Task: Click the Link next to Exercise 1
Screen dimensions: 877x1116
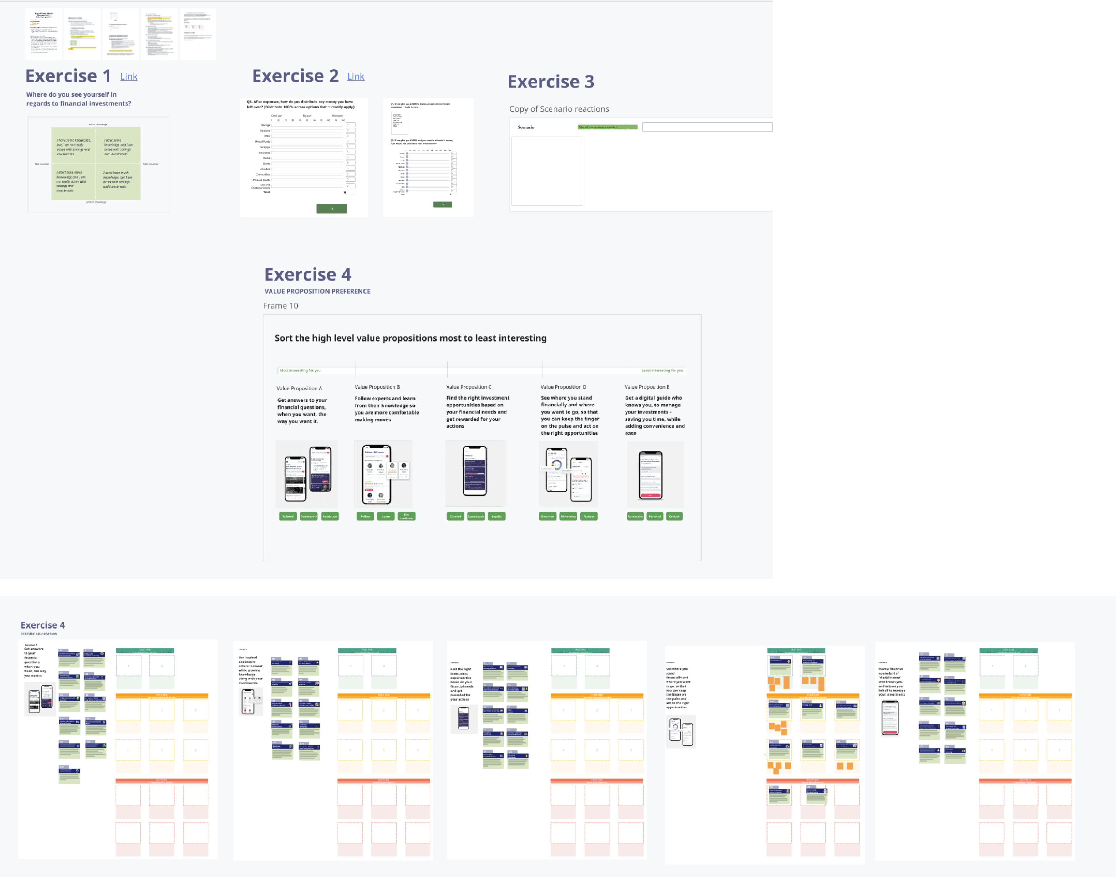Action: (128, 77)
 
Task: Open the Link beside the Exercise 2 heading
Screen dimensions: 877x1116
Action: (355, 77)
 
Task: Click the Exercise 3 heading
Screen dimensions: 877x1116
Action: (551, 82)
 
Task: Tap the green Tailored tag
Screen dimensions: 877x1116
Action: (287, 517)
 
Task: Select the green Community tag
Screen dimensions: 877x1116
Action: (309, 517)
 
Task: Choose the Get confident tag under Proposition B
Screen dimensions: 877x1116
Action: (406, 517)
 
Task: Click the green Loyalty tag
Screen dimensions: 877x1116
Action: (496, 517)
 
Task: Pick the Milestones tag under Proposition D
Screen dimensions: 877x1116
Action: (568, 517)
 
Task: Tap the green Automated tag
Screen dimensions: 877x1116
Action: (635, 517)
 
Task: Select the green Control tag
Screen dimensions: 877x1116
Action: (674, 517)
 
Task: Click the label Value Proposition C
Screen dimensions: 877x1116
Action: (468, 387)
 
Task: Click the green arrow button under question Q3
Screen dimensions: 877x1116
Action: (331, 209)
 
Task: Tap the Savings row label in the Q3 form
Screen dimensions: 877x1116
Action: (265, 125)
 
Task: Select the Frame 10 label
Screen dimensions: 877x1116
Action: (280, 306)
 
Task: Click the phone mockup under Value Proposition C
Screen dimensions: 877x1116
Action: (475, 471)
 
